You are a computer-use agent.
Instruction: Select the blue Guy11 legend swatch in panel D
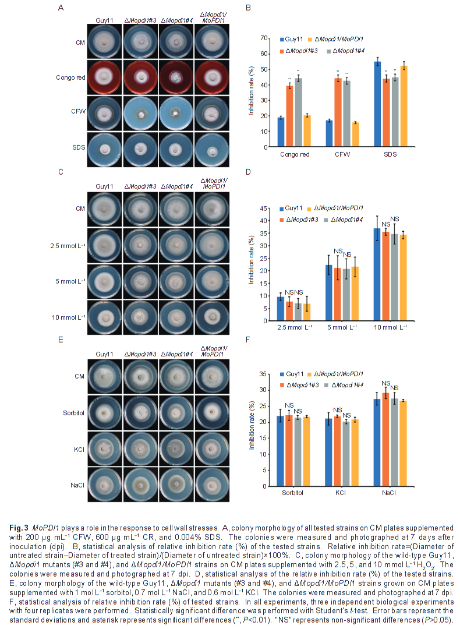tap(282, 208)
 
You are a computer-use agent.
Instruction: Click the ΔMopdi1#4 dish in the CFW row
tap(178, 112)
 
